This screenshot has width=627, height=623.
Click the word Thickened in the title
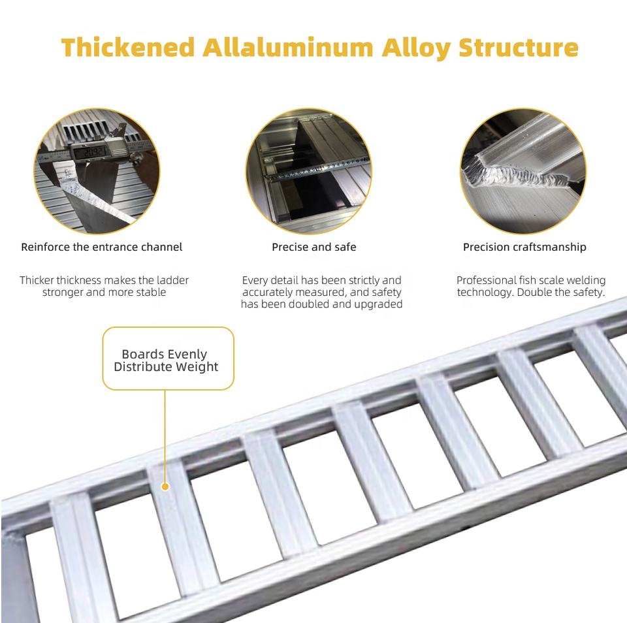click(x=128, y=47)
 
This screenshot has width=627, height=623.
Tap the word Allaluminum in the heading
click(x=288, y=47)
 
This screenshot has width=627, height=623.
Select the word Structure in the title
click(x=519, y=47)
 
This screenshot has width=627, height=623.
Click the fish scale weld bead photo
click(x=523, y=171)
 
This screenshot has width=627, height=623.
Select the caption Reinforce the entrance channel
click(x=102, y=247)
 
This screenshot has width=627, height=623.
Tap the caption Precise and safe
click(x=314, y=247)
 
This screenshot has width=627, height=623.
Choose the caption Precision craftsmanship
click(x=524, y=247)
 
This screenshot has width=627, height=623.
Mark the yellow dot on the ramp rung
click(x=165, y=487)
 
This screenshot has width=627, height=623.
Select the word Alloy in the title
click(x=416, y=48)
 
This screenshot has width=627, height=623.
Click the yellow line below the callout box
click(x=165, y=436)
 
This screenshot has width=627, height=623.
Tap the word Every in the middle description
click(x=255, y=280)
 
